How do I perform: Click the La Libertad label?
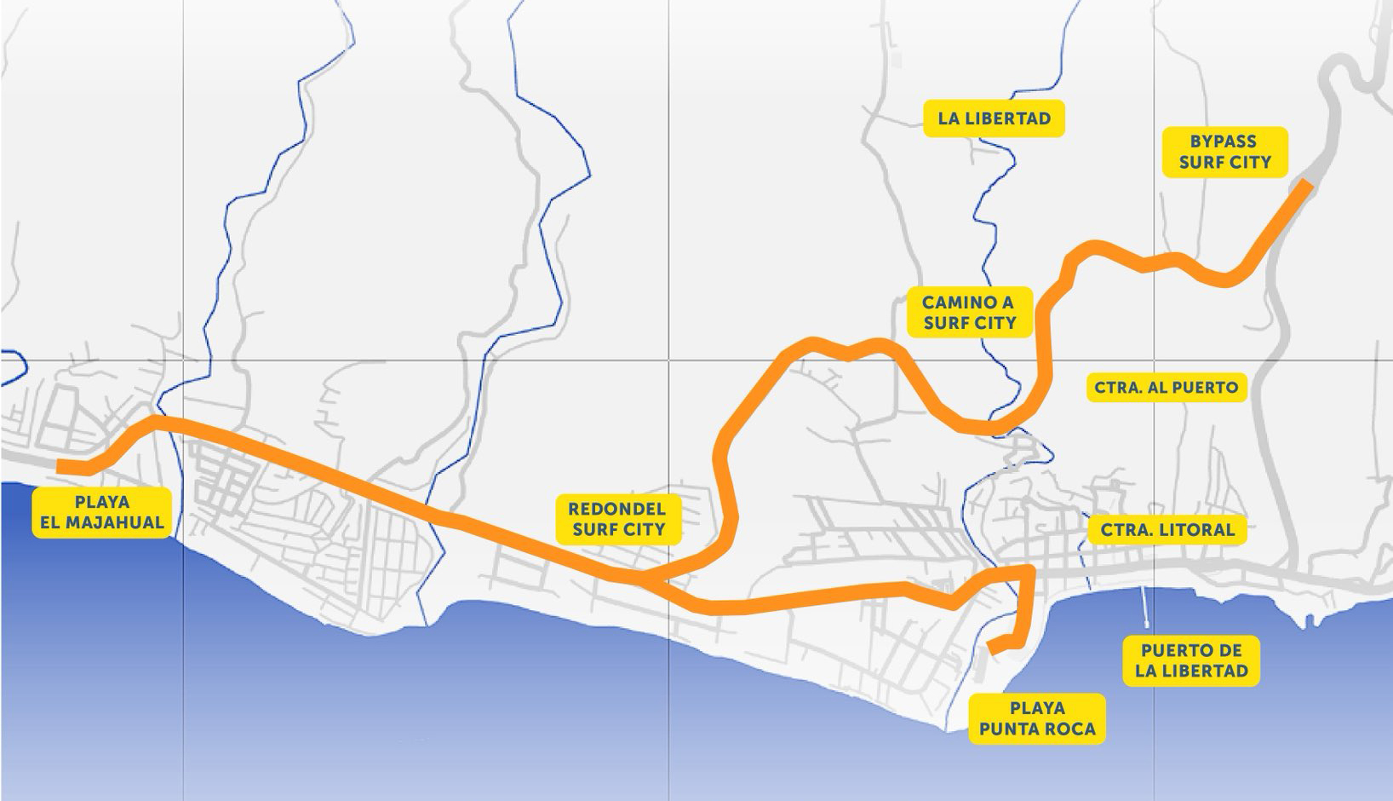click(x=994, y=118)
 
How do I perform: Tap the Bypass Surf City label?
click(x=1224, y=152)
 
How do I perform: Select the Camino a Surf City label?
click(x=969, y=312)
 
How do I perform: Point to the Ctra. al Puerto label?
click(x=1166, y=388)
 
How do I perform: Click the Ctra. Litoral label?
click(x=1167, y=530)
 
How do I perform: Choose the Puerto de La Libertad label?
click(x=1191, y=660)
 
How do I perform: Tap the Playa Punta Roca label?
click(x=1037, y=718)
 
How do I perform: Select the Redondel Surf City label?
click(x=617, y=519)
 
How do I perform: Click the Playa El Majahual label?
click(x=101, y=512)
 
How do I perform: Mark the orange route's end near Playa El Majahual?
click(x=60, y=466)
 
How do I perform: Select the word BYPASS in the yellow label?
click(x=1224, y=141)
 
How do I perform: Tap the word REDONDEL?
click(x=617, y=509)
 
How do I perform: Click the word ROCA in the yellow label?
click(x=1074, y=729)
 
